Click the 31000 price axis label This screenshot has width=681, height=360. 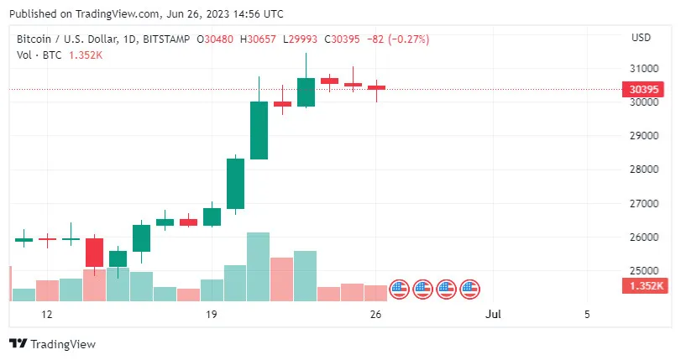coord(644,68)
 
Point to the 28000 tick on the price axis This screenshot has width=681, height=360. coord(644,170)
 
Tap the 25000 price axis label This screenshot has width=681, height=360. coord(644,271)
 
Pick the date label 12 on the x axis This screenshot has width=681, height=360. coord(47,315)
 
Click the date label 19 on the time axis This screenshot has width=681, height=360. coord(212,315)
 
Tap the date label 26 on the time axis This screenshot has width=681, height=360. coord(376,315)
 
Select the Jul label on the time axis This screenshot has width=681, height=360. coord(494,315)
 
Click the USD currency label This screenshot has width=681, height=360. coord(641,38)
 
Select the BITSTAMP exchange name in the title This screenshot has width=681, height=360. coord(165,39)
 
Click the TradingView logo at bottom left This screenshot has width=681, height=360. coord(52,343)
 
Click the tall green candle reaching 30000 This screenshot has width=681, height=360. coord(259,130)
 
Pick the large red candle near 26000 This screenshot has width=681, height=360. coord(94,253)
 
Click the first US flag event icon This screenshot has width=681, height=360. coord(400,290)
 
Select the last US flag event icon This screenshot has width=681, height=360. coord(470,290)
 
